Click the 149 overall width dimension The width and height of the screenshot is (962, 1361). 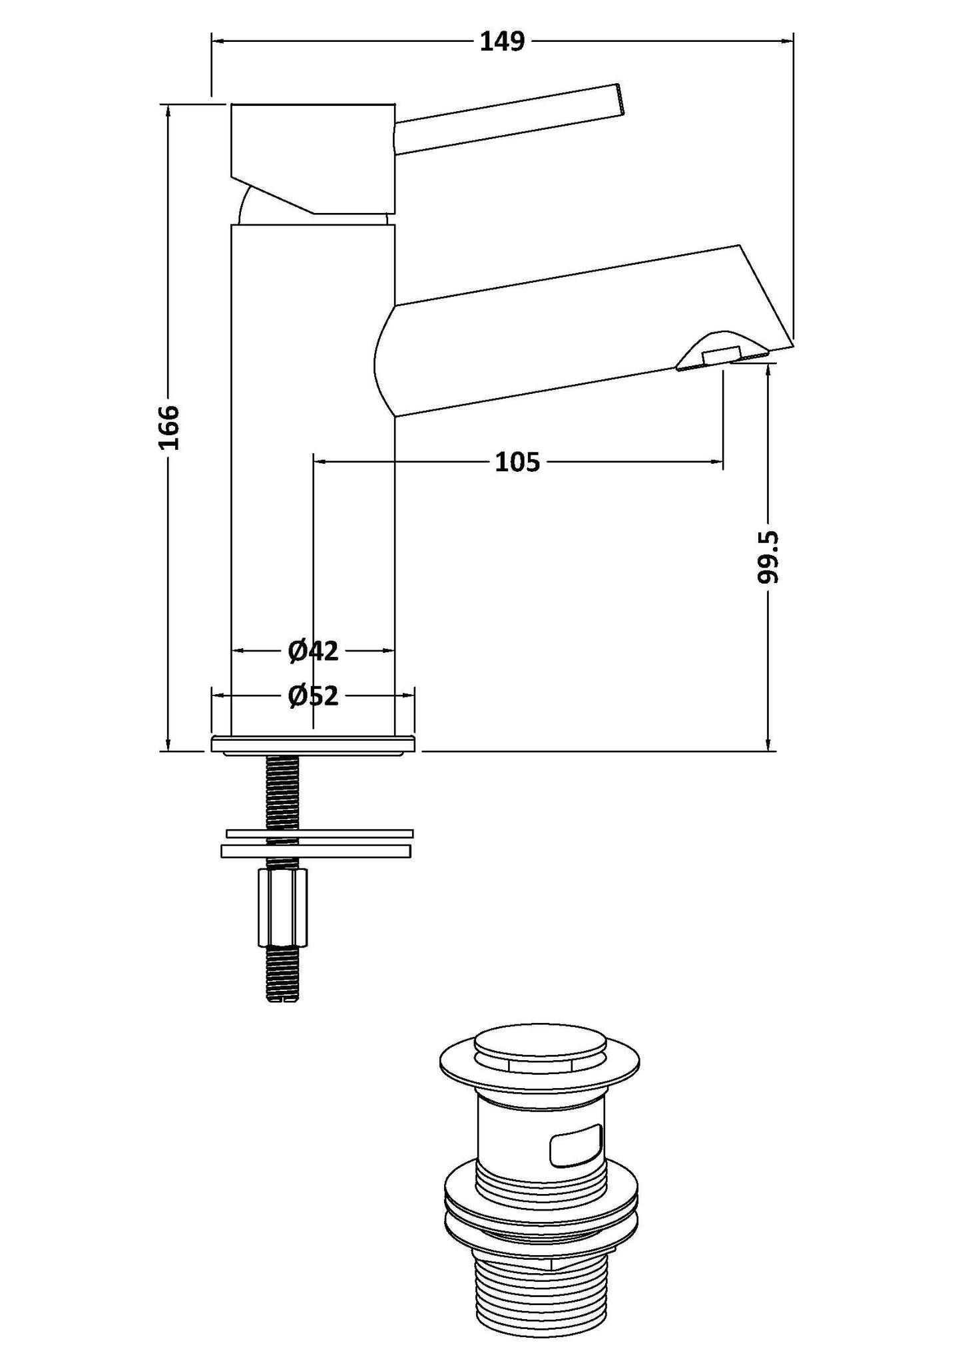(503, 41)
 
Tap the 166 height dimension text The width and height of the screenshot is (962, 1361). (169, 427)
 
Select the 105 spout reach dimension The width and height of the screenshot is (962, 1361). (517, 461)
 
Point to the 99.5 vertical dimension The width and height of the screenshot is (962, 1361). (768, 557)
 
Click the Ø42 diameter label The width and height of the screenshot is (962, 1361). (313, 651)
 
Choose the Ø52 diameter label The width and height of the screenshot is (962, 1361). (313, 696)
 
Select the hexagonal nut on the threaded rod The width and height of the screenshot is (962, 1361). (283, 908)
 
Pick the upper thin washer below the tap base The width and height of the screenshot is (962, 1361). (320, 833)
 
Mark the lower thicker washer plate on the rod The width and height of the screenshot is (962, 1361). (316, 851)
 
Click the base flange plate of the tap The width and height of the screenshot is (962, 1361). (313, 744)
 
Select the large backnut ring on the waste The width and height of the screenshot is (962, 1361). (540, 1210)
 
